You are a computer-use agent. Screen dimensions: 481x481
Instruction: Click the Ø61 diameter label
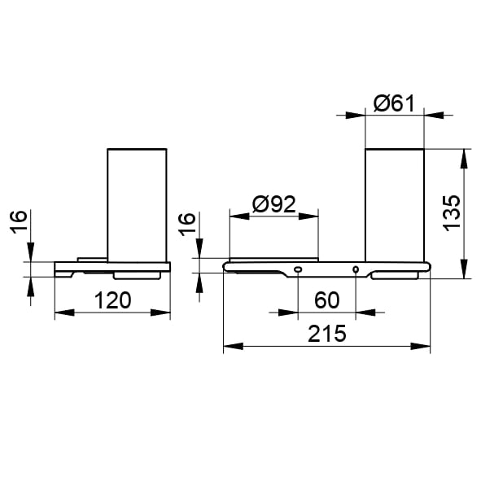394,103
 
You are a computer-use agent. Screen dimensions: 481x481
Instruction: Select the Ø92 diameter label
274,204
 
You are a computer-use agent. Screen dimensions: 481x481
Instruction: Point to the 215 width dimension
326,334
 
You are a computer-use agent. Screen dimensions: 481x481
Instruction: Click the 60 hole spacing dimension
326,300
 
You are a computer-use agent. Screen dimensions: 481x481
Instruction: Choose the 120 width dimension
112,300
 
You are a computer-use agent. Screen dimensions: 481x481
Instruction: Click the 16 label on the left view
19,222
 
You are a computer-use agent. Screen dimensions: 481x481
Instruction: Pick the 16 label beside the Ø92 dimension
187,225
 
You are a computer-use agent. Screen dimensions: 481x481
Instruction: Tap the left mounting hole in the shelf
298,269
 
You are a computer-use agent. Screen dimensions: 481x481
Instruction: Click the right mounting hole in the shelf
356,269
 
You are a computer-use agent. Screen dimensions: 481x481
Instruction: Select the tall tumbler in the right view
395,205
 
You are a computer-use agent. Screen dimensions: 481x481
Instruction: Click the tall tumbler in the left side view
137,205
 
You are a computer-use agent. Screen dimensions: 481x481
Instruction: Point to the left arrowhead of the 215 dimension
233,347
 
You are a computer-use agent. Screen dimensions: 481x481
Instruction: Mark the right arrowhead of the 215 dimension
420,347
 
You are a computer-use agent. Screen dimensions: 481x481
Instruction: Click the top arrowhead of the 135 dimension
464,159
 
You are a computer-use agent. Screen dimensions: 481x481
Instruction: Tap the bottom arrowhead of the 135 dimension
464,269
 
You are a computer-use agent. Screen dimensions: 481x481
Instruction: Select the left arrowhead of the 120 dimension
64,313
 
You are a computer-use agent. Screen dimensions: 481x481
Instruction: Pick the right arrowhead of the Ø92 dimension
308,216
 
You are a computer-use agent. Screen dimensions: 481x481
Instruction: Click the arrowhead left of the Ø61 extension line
355,116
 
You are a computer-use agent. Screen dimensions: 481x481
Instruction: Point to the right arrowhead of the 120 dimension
160,313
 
